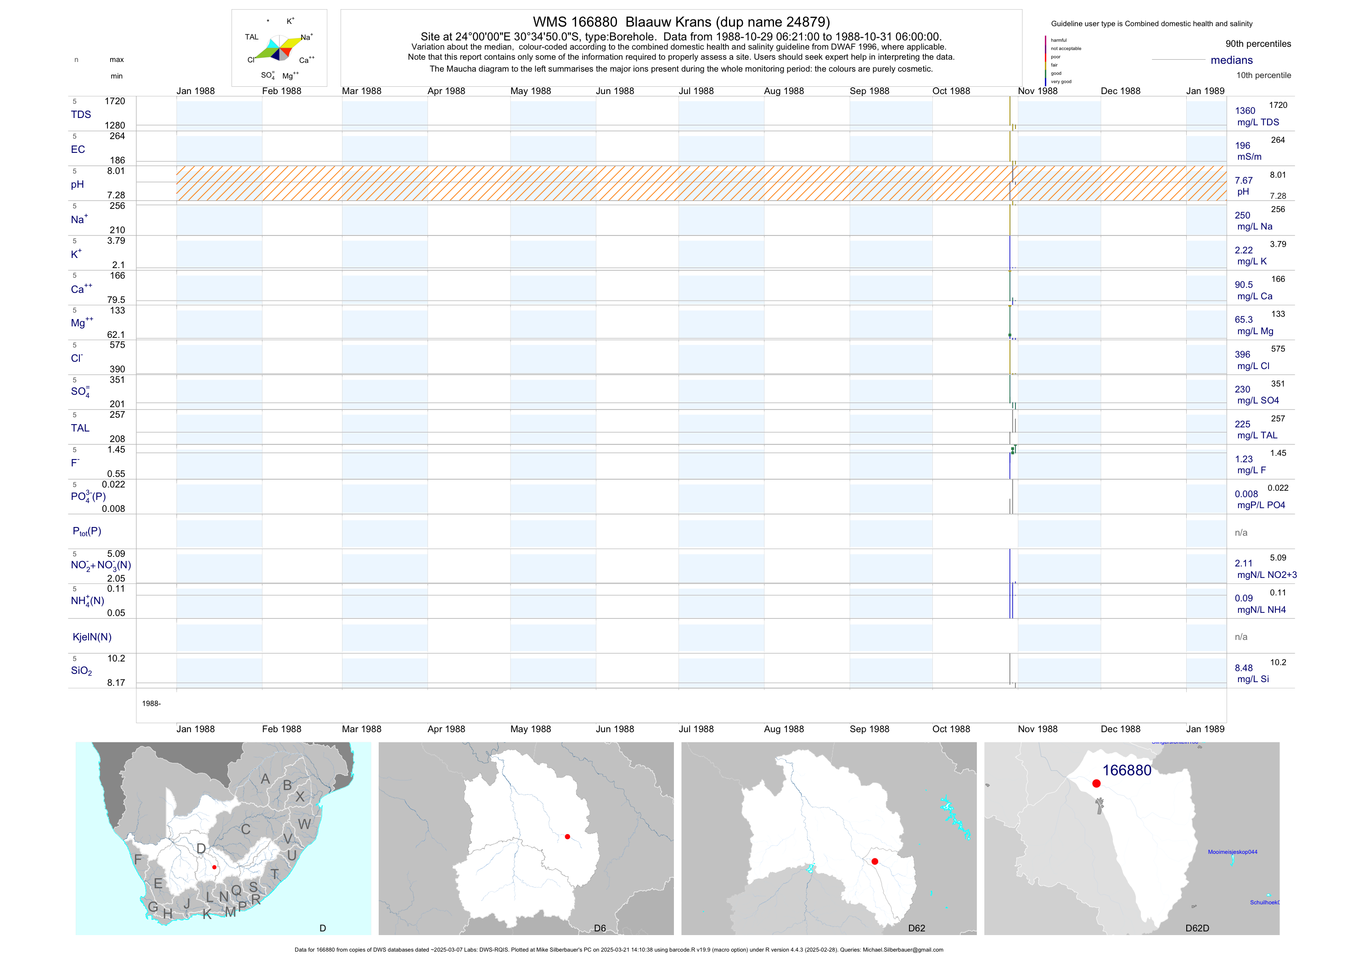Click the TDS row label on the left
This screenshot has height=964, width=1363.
(x=81, y=115)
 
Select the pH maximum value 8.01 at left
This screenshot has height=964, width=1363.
(x=116, y=171)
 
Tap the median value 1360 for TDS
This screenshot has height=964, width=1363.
(x=1245, y=111)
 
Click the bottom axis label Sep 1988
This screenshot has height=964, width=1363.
(x=869, y=729)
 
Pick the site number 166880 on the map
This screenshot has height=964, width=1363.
(x=1126, y=770)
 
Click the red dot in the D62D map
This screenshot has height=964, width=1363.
(x=1096, y=784)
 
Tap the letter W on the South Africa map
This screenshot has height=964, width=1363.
(x=304, y=824)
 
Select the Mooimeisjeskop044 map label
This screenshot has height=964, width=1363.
(x=1233, y=852)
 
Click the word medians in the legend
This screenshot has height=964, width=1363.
(x=1231, y=61)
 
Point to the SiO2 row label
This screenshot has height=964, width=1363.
(x=81, y=671)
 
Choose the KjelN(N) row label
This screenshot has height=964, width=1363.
(x=92, y=637)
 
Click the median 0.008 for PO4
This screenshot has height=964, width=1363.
(x=1246, y=494)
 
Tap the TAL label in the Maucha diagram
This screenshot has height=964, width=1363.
(x=252, y=37)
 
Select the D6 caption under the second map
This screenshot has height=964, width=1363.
(x=600, y=928)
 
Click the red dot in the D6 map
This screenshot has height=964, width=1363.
(x=567, y=836)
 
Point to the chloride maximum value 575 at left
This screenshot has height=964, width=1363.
(x=117, y=345)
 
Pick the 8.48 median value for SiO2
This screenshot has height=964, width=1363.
(x=1244, y=668)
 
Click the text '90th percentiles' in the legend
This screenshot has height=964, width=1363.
(x=1258, y=44)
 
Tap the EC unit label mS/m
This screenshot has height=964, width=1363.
(x=1249, y=157)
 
